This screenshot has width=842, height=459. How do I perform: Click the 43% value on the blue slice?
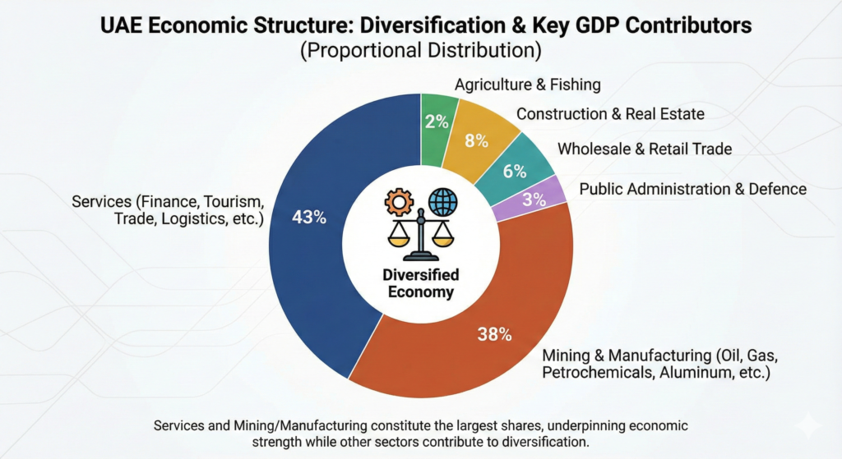click(x=310, y=218)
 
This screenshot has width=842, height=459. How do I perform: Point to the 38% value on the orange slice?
click(x=495, y=334)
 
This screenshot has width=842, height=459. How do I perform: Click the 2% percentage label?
click(x=436, y=122)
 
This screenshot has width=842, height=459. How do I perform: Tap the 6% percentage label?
click(x=514, y=171)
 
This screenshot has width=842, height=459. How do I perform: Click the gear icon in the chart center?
click(x=400, y=202)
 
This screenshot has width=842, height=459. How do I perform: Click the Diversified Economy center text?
click(x=420, y=283)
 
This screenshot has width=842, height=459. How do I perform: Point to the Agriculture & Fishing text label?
click(x=528, y=85)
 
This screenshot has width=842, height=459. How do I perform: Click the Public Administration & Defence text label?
click(x=693, y=189)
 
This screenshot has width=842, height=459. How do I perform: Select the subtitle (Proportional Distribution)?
click(x=420, y=51)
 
